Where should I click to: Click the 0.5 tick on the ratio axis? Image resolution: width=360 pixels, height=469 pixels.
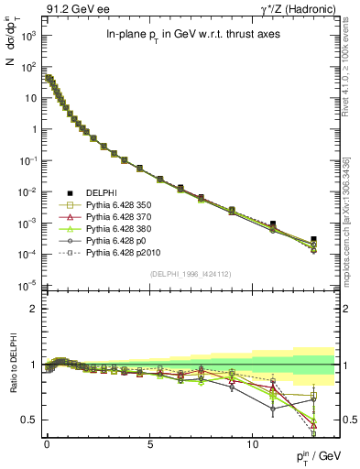[29, 420]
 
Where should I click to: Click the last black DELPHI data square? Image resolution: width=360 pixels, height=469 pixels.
[314, 239]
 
